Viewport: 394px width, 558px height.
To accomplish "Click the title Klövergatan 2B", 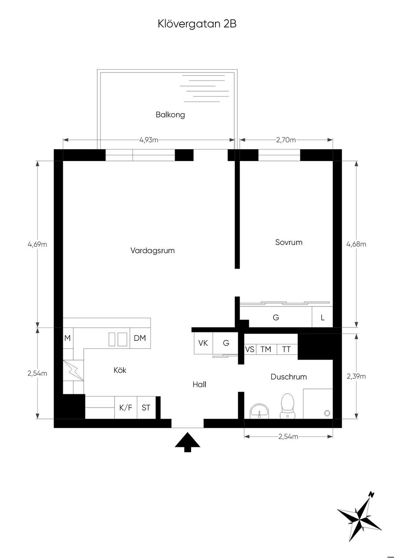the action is click(197, 24).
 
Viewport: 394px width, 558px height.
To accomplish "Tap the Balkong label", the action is click(170, 115).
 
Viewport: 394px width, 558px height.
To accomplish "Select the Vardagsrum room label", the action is click(152, 250).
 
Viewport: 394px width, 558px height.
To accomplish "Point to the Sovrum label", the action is click(289, 242).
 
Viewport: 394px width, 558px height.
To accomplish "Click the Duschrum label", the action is click(289, 377).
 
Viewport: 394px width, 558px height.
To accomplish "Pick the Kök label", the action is click(120, 370).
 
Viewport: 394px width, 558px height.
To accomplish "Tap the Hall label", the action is click(199, 384).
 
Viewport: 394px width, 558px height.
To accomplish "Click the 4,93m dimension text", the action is click(149, 140).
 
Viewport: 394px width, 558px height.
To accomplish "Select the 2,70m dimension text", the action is click(286, 140).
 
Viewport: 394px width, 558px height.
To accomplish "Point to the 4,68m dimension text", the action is click(356, 244).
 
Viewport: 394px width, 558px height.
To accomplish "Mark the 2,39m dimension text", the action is click(356, 376).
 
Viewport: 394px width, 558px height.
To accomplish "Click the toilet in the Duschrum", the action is click(287, 406).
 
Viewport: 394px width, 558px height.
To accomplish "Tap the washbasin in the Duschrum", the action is click(259, 411).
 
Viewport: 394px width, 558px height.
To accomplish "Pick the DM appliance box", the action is click(140, 338).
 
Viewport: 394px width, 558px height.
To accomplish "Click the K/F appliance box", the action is click(126, 407).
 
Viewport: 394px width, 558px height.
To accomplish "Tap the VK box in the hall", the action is click(203, 343).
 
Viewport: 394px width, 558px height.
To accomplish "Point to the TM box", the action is click(266, 349).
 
